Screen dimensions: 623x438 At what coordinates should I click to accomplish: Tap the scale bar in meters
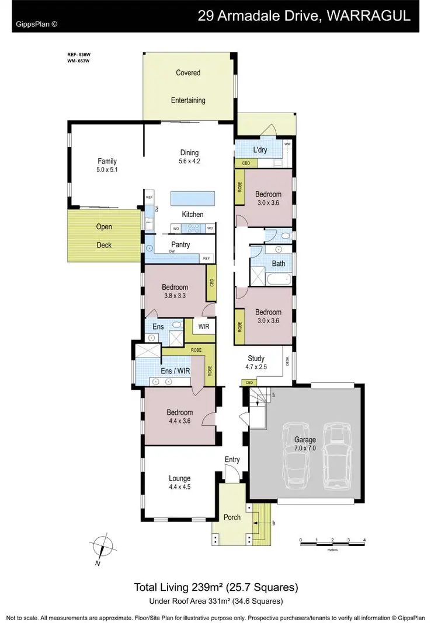[332, 542]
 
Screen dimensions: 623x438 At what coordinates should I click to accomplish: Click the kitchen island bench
[192, 198]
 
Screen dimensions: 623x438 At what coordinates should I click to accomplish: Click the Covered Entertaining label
[188, 86]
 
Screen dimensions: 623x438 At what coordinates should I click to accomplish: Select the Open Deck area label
[104, 236]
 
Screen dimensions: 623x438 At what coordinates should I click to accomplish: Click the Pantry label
[180, 245]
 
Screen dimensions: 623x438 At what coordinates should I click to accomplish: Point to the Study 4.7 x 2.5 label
[256, 362]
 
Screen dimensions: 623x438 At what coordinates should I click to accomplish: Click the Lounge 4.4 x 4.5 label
[180, 482]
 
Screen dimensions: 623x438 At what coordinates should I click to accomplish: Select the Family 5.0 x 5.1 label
[107, 165]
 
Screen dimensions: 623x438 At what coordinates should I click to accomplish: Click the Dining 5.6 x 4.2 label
[189, 157]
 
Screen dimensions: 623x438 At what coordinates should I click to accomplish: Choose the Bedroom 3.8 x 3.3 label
[175, 291]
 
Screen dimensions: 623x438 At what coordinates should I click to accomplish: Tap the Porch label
[231, 517]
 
